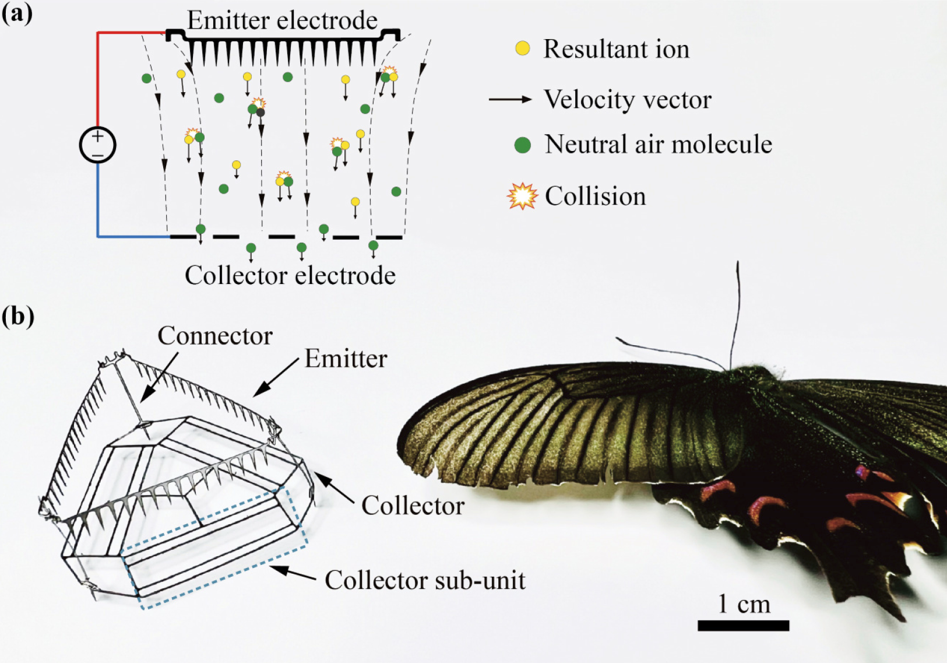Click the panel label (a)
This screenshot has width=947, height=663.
17,13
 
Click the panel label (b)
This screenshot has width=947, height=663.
17,316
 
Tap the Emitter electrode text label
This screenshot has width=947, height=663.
282,20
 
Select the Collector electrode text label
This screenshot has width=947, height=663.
290,275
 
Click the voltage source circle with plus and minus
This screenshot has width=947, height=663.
97,145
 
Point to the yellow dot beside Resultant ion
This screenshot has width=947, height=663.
523,48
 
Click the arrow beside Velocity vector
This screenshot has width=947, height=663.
510,100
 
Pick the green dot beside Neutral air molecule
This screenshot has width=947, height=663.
523,145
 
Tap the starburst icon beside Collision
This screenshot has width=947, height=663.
522,196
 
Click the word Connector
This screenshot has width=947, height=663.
215,336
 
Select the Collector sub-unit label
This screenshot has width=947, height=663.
425,580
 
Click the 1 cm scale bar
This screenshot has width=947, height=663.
743,626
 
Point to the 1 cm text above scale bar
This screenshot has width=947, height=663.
744,604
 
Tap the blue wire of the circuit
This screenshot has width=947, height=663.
98,204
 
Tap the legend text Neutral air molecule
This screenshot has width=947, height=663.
658,145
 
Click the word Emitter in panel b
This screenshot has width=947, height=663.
346,359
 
